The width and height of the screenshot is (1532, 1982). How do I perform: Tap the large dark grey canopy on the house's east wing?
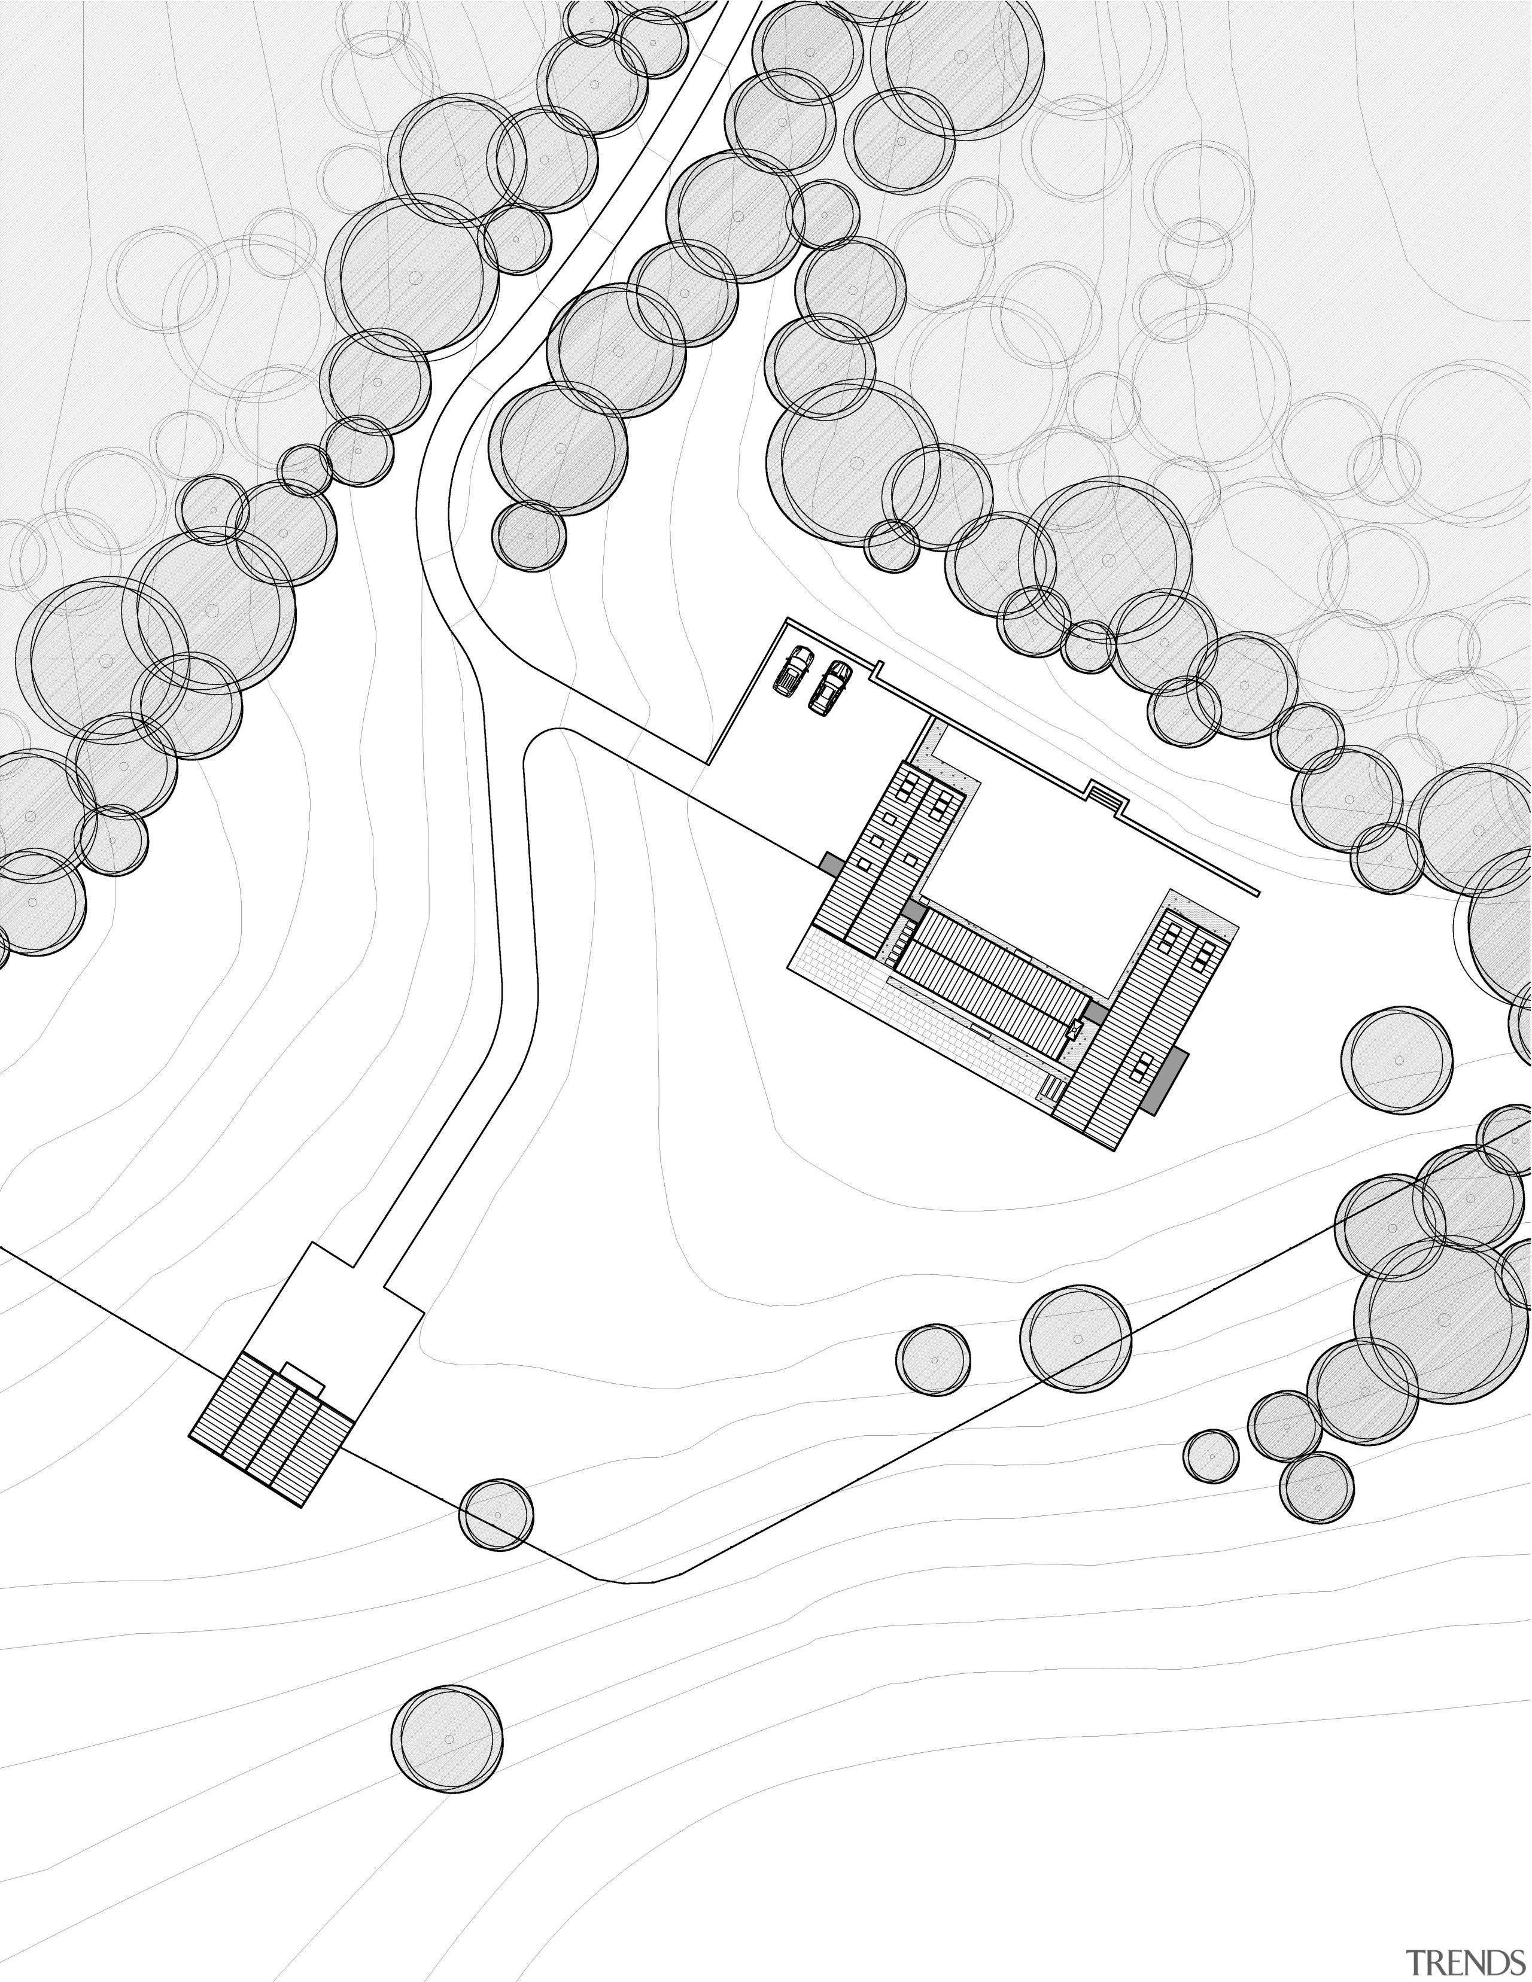tap(1165, 1080)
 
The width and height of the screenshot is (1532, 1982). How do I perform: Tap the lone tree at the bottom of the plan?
tap(448, 1740)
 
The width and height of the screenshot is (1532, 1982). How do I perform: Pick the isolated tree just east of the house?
tap(1397, 1060)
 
